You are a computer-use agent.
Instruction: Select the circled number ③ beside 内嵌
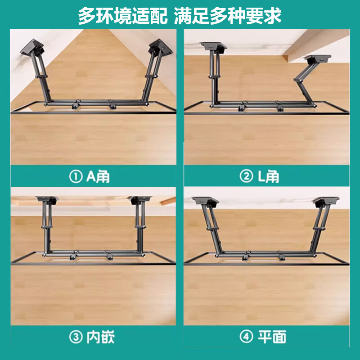tap(75, 337)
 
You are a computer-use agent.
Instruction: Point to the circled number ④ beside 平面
tap(246, 337)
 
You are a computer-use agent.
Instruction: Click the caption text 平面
tap(272, 337)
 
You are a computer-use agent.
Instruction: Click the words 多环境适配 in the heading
tap(120, 16)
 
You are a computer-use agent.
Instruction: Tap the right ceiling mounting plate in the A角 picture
tap(157, 46)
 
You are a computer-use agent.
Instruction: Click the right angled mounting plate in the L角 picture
tap(319, 58)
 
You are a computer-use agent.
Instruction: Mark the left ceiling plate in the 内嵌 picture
tap(46, 198)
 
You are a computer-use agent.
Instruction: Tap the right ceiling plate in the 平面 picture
tap(327, 199)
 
